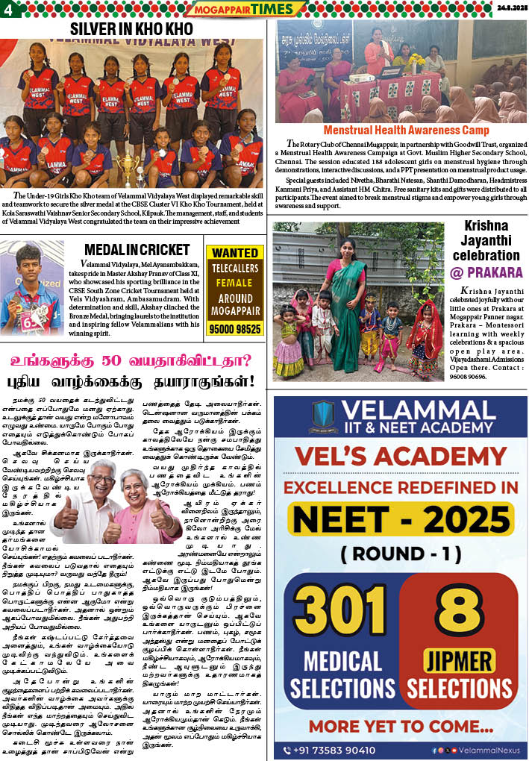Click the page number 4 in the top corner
8,9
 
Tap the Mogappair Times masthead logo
245,9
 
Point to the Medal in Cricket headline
137,249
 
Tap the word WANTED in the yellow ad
234,253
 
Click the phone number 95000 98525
234,328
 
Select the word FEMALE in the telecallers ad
234,283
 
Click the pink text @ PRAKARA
486,272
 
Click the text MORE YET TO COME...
401,724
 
